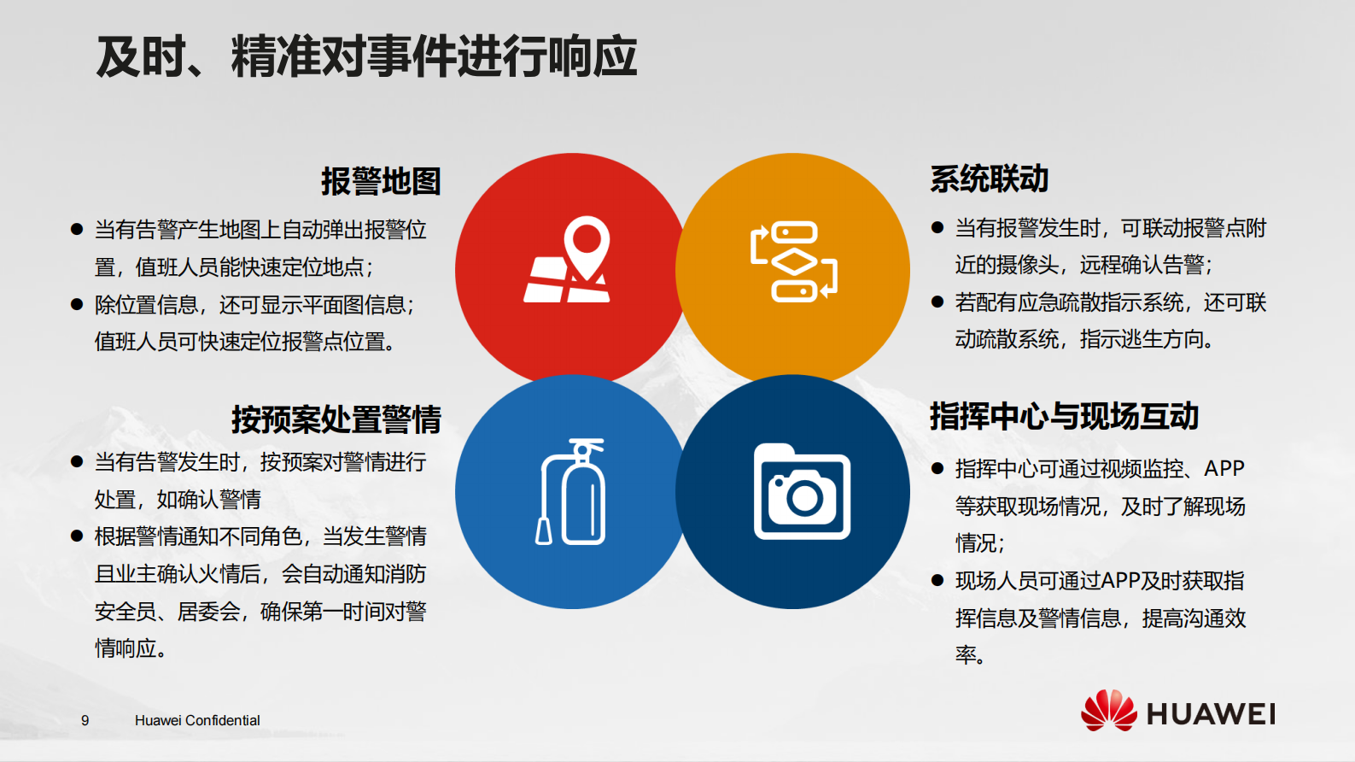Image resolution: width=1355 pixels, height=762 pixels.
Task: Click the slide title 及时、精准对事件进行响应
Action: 366,56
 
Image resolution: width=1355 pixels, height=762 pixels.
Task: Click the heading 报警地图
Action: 381,181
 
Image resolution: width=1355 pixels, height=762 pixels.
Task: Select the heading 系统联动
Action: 989,179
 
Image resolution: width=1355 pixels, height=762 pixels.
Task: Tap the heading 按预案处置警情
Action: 336,419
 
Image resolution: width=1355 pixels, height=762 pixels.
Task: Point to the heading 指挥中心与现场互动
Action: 1064,416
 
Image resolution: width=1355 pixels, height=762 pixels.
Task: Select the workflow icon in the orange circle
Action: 793,261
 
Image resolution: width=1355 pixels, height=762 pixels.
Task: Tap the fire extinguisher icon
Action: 571,492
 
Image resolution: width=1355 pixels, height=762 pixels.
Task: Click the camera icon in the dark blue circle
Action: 802,492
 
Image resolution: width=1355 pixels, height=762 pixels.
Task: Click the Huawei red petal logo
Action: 1108,711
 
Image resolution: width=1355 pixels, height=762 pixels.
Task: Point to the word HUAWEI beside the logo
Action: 1211,714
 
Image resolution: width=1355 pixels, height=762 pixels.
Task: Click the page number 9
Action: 85,720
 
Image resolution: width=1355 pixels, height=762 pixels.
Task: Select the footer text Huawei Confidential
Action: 197,720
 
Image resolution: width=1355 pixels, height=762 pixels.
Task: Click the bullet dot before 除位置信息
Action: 77,304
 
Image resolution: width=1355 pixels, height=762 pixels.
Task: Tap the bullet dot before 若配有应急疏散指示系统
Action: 937,302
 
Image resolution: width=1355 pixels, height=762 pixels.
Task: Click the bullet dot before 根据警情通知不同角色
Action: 77,536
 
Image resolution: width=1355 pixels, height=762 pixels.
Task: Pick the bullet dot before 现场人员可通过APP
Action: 937,580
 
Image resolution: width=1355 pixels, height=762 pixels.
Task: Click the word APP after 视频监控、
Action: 1224,468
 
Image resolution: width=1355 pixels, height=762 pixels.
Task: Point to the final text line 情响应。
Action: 130,648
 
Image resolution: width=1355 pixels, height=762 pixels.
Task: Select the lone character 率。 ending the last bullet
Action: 970,655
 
